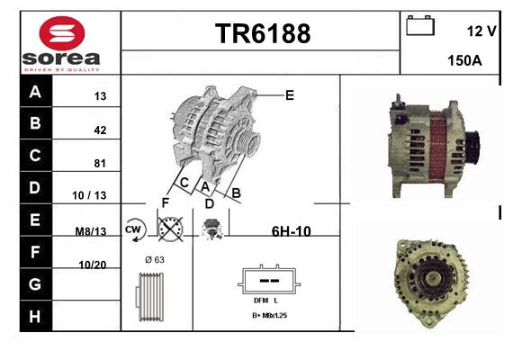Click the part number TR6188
pos(263,33)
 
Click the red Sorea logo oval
pos(62,33)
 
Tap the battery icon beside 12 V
pos(420,25)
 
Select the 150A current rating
pos(464,60)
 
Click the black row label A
pos(35,92)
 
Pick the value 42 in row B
pos(100,130)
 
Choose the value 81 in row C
pos(100,163)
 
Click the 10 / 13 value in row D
pos(89,195)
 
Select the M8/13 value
pos(91,231)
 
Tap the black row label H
pos(35,316)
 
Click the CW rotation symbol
pos(134,229)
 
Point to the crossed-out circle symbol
pos(170,229)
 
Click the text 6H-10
pos(292,231)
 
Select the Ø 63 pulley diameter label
pos(155,260)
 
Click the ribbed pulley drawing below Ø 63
pos(149,297)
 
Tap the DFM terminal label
pos(261,301)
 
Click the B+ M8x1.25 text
pos(270,315)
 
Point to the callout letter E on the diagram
pos(290,95)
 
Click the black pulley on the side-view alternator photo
pos(472,147)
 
